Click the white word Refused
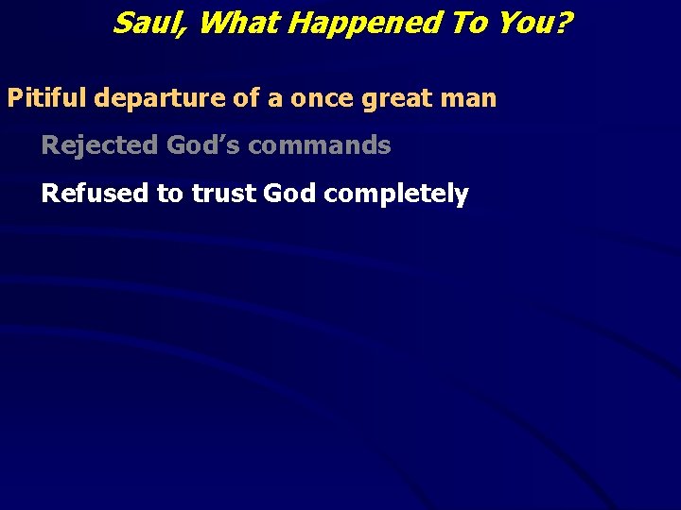[95, 194]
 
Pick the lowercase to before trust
[170, 194]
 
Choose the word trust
[223, 194]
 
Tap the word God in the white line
[289, 194]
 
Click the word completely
[396, 195]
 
